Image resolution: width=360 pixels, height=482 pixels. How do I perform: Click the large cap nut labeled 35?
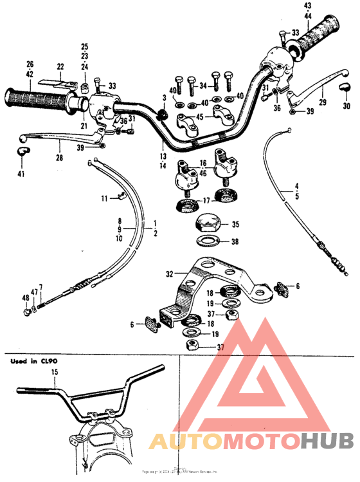click(207, 225)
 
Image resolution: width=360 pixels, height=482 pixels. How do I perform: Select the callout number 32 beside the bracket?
click(169, 273)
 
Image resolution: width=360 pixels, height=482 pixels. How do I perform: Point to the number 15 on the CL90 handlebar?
click(55, 374)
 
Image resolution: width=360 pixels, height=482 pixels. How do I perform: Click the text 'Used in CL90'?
click(32, 362)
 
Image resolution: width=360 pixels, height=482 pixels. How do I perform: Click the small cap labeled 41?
click(23, 152)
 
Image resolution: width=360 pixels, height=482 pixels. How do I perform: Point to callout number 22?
click(60, 67)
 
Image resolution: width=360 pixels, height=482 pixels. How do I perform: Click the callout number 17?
click(206, 201)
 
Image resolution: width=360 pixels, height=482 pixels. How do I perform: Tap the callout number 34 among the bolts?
click(203, 84)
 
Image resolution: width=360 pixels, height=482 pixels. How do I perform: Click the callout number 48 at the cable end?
click(26, 298)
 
